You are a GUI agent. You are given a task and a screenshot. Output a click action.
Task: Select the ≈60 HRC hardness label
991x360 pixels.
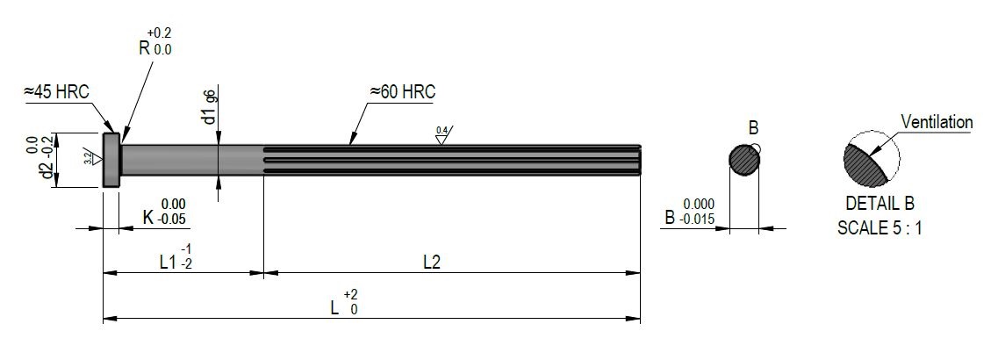pos(402,91)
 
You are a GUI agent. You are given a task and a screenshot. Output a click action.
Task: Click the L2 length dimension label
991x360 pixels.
pos(431,261)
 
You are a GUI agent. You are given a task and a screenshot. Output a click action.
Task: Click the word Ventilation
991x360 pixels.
pos(937,122)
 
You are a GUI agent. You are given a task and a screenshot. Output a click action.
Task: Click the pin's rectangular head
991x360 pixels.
pos(111,159)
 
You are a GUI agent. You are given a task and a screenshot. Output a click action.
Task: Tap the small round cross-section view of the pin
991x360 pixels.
pos(744,161)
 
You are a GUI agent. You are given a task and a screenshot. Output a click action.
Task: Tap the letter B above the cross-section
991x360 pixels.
pos(752,129)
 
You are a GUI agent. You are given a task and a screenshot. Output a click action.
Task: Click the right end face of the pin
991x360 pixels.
pos(639,160)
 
